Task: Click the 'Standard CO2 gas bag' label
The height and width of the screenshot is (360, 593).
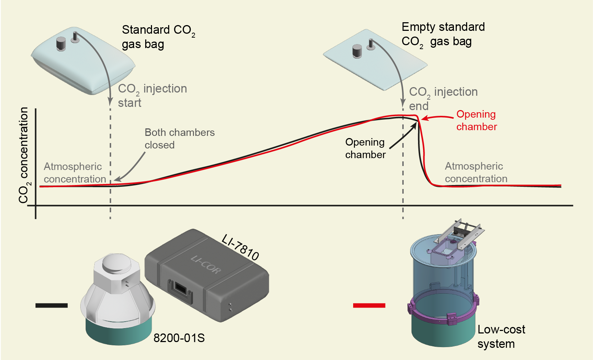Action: coord(158,37)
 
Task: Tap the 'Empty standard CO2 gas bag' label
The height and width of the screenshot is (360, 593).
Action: coord(443,34)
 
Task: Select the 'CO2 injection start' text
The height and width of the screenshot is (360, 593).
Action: coord(152,95)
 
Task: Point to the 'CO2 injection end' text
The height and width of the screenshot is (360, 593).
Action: coord(443,99)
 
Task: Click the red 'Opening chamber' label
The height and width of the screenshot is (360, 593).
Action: coord(476,120)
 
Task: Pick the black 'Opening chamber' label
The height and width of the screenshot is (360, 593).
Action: coord(365,148)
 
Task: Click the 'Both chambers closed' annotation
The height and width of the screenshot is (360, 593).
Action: coord(179,139)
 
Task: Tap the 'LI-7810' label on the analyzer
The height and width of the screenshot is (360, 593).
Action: coord(240,247)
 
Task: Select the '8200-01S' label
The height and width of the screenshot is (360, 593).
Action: coord(179,338)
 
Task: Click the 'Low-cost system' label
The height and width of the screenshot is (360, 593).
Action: coord(501,336)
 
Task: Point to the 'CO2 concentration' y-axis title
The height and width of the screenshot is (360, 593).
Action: coord(24,155)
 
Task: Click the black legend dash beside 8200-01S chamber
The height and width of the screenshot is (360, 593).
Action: coord(51,305)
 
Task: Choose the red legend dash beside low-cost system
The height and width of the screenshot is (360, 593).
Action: coord(369,305)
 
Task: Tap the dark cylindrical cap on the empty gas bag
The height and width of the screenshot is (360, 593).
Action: coord(357,51)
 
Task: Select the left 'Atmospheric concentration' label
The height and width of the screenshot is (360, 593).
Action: coord(75,173)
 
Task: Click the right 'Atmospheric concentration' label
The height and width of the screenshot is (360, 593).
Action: coord(476,172)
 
